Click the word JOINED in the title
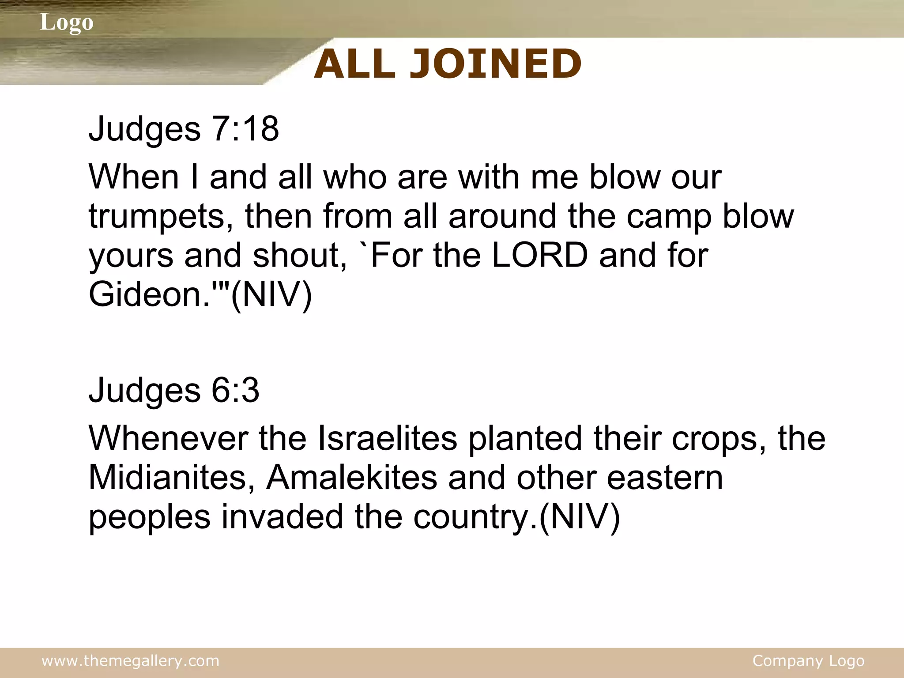pos(495,64)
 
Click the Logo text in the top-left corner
pos(67,22)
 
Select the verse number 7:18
pos(245,128)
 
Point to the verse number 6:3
pos(235,390)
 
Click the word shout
pos(300,256)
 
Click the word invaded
pos(282,516)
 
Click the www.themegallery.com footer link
pos(131,661)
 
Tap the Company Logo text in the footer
pos(808,661)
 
